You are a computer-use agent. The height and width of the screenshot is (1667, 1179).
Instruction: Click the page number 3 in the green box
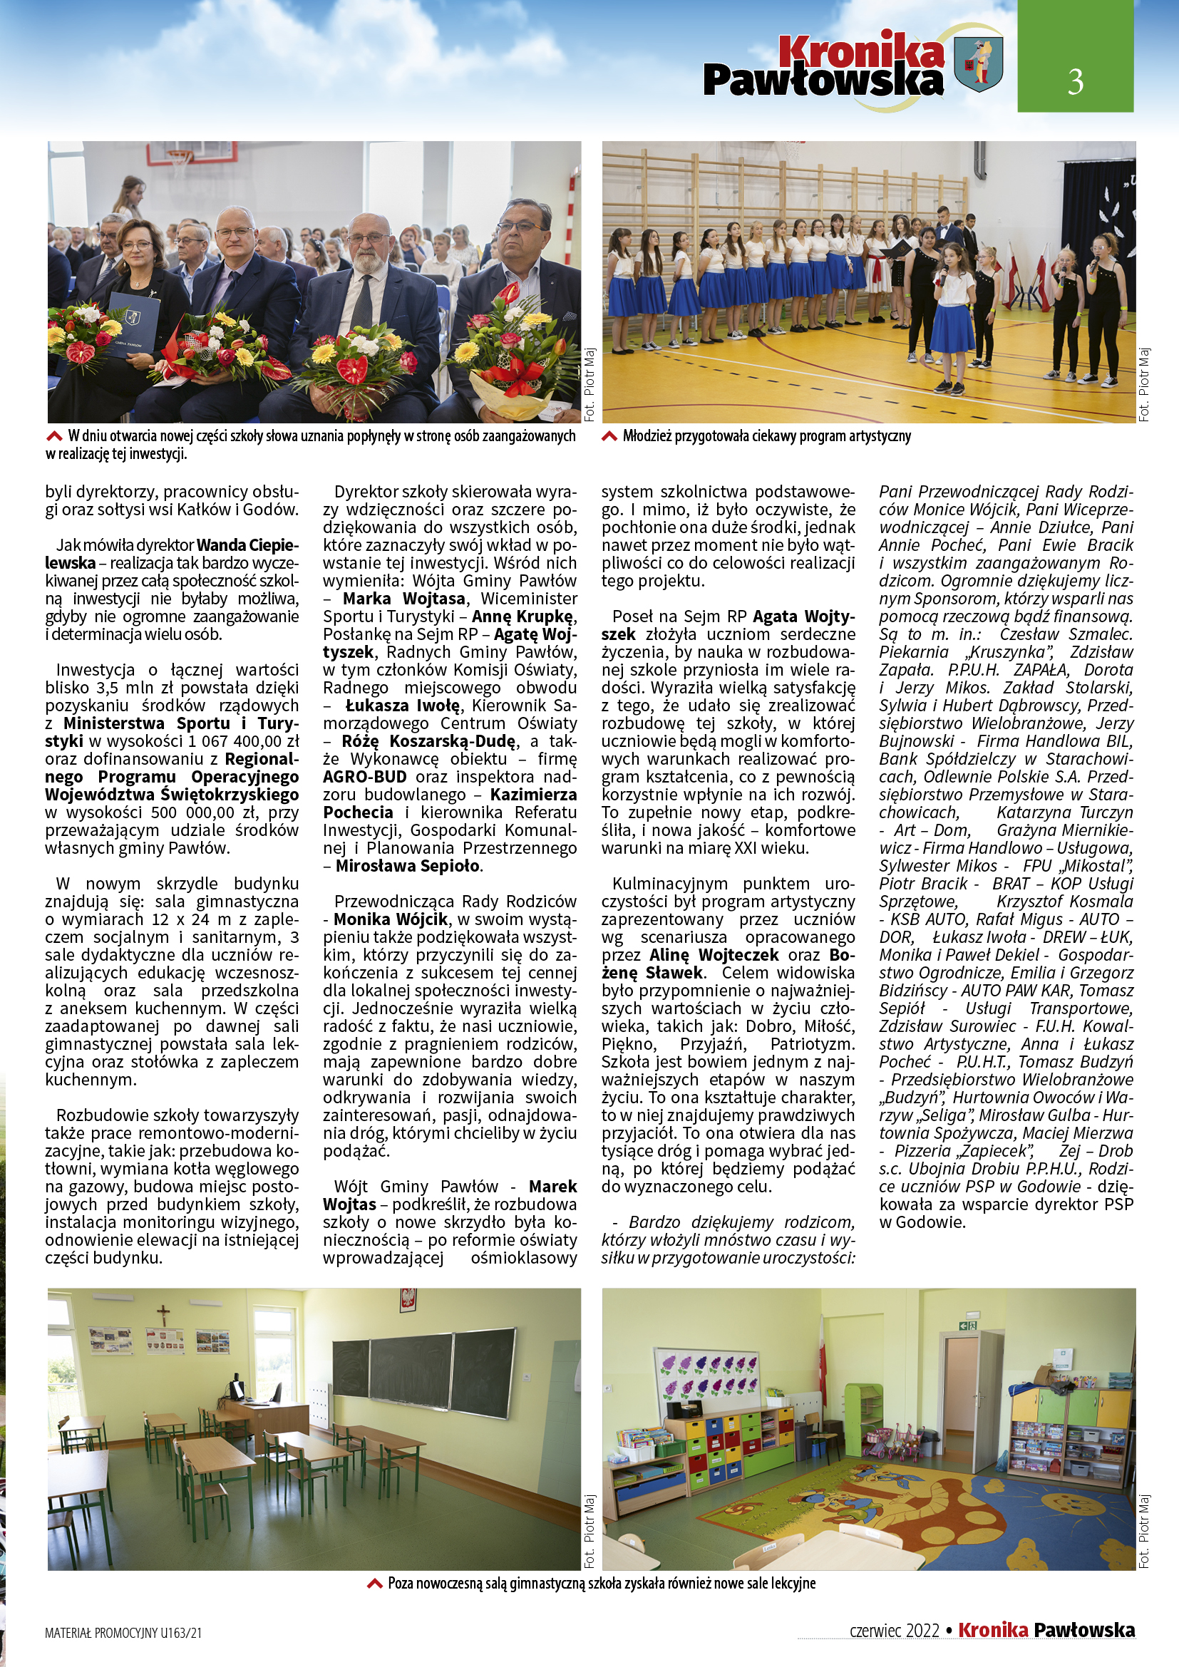1075,81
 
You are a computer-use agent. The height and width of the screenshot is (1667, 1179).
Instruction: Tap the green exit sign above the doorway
967,1326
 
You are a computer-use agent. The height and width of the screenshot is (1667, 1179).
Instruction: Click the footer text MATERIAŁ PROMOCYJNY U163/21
123,1633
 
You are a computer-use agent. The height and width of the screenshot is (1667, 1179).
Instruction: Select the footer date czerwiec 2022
895,1631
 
